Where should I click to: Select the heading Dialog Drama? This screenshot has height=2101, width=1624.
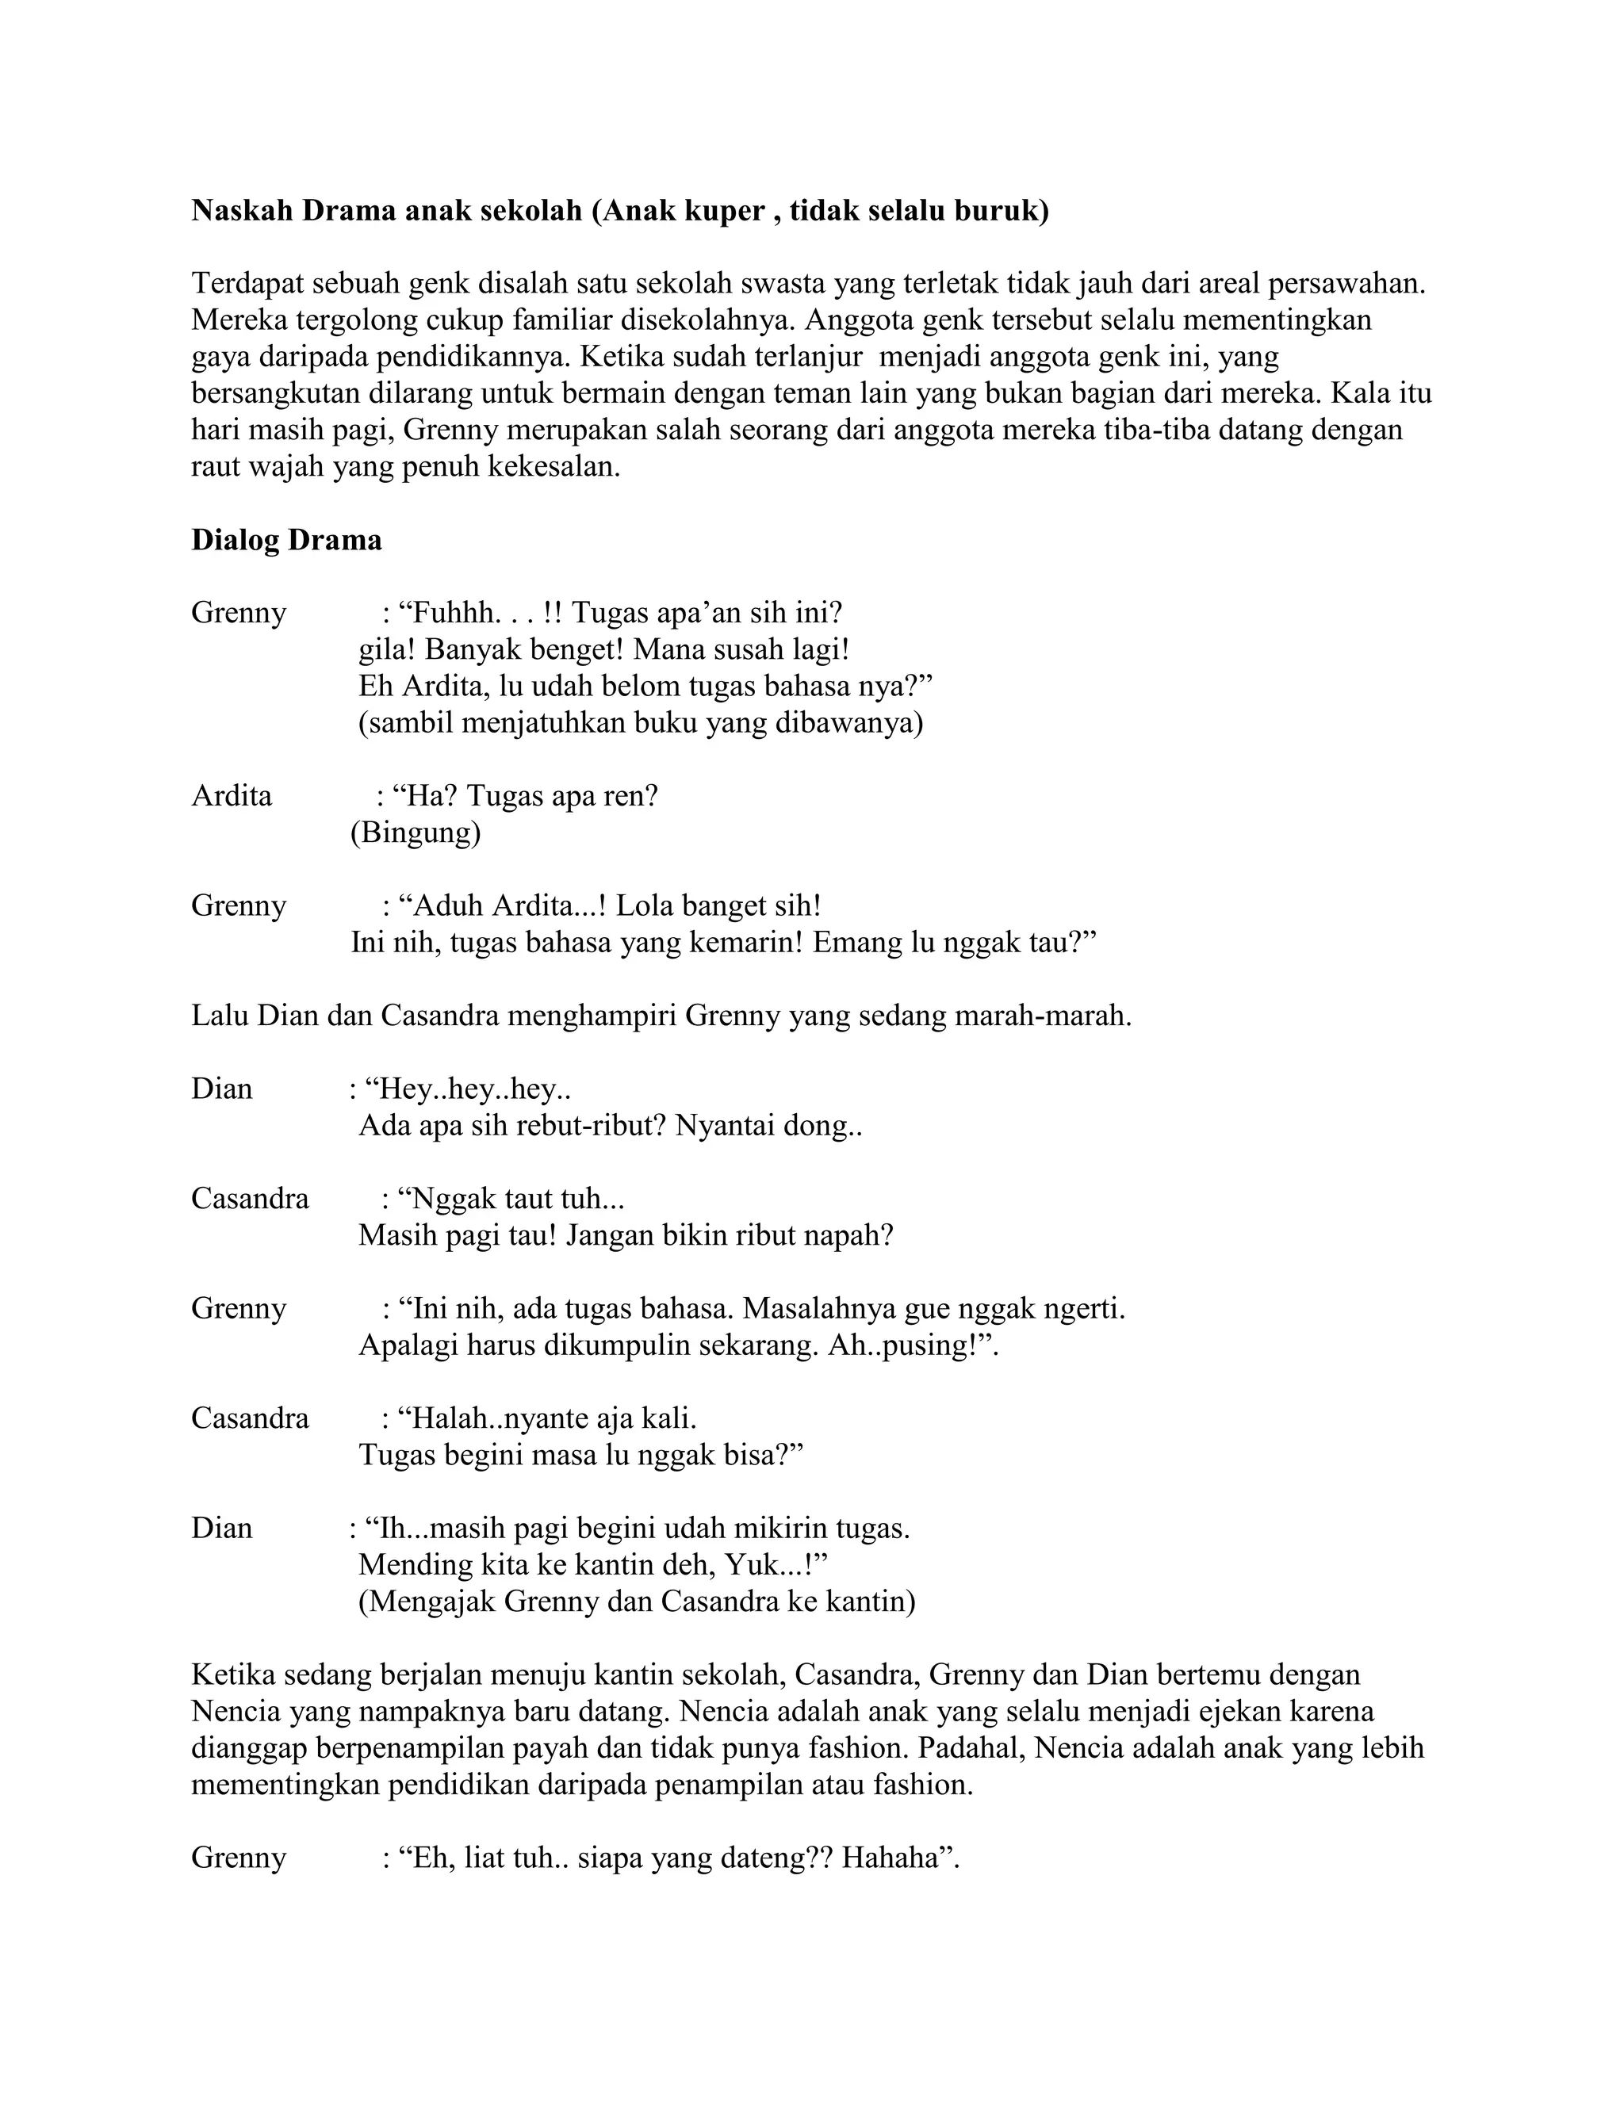coord(287,540)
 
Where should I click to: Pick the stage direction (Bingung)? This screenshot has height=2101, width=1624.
coord(416,833)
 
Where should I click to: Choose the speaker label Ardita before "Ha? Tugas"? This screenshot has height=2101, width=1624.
coord(232,797)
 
